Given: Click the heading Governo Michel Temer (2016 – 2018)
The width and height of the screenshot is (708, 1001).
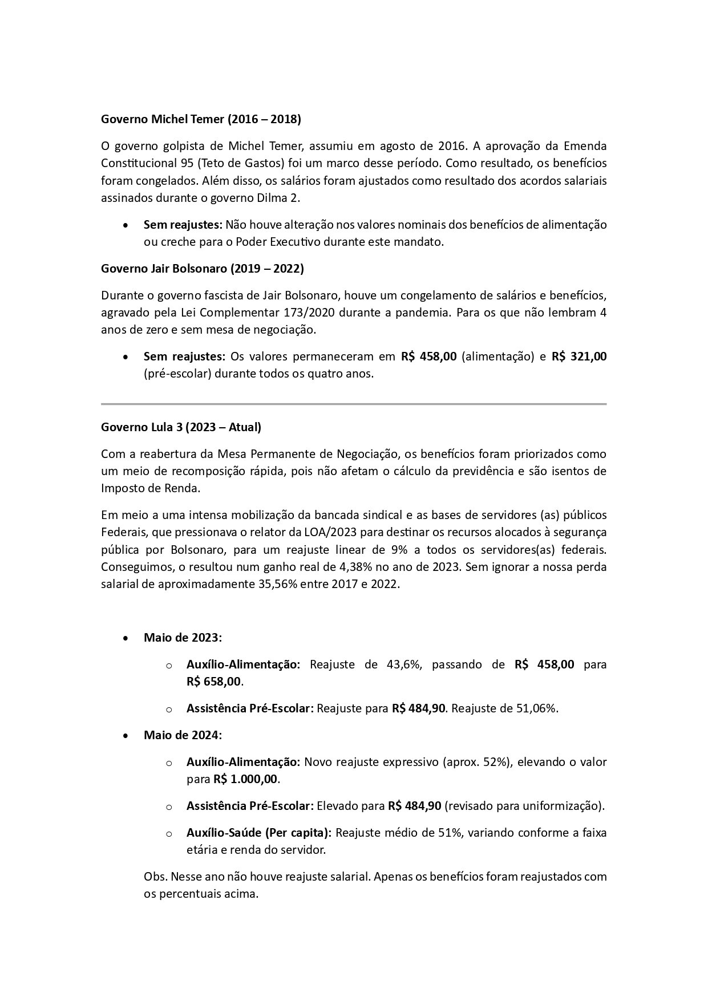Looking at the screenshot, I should pyautogui.click(x=201, y=119).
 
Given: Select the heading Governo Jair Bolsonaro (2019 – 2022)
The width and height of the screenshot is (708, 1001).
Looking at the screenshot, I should pyautogui.click(x=202, y=268).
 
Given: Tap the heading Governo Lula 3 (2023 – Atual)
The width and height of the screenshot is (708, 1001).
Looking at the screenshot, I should pyautogui.click(x=181, y=427).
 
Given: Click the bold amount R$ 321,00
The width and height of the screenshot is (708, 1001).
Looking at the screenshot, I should pyautogui.click(x=578, y=356).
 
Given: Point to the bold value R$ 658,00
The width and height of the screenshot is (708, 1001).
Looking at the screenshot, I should pyautogui.click(x=213, y=682).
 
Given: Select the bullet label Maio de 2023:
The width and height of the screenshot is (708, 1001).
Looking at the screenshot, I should pyautogui.click(x=183, y=638).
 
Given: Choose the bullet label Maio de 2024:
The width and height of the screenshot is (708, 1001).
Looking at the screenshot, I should pyautogui.click(x=183, y=735).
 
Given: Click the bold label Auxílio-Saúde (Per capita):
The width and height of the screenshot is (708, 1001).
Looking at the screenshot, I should pyautogui.click(x=258, y=833).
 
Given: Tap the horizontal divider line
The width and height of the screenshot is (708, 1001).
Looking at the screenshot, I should pyautogui.click(x=354, y=404).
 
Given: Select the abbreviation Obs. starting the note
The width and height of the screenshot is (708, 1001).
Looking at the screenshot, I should pyautogui.click(x=155, y=876).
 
